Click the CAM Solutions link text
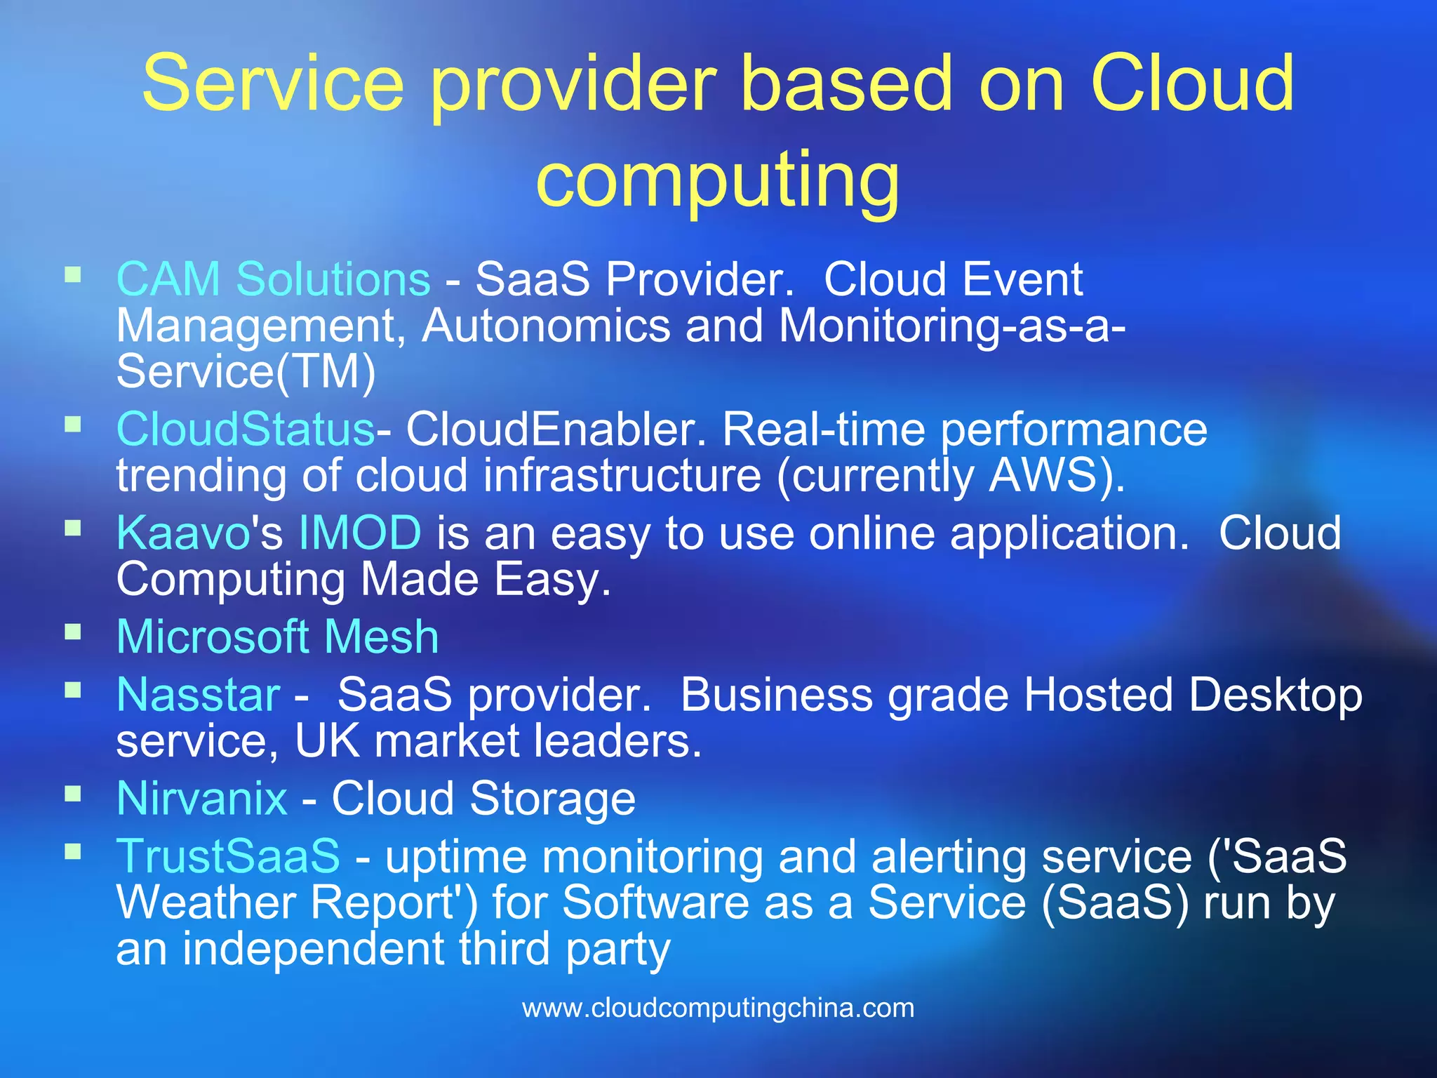tap(273, 279)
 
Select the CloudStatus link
tap(246, 430)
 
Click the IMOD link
tap(360, 533)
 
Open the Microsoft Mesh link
tap(277, 637)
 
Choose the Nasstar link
tap(198, 695)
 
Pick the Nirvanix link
tap(201, 799)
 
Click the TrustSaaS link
tap(228, 856)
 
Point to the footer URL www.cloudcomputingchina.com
tap(718, 1008)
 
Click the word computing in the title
tap(717, 179)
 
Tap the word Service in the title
tap(273, 84)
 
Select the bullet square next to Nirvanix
tap(73, 793)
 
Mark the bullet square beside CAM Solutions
tap(73, 274)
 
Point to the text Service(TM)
tap(246, 371)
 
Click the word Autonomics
tap(546, 326)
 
